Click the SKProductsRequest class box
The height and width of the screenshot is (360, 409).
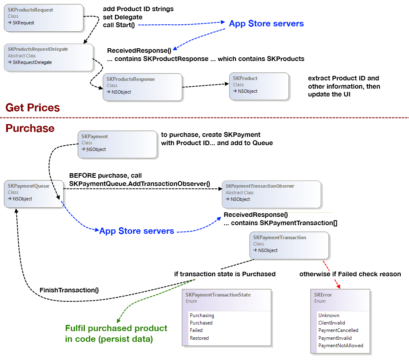tap(43, 17)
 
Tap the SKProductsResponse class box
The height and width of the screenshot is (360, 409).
tap(142, 87)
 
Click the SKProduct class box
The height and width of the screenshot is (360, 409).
tap(259, 86)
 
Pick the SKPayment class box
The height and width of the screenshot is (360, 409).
tap(117, 144)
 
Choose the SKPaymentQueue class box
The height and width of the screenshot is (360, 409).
tap(33, 193)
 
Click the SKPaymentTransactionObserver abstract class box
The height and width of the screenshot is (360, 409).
tap(271, 194)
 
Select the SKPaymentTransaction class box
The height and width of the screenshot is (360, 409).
tap(289, 245)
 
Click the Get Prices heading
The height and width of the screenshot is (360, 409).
tap(33, 108)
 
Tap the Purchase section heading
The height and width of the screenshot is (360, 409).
tap(30, 128)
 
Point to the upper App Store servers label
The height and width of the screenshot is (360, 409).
tap(266, 24)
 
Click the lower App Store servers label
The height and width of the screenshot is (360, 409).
tap(136, 231)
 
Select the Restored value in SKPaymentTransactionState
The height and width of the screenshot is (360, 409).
tap(199, 338)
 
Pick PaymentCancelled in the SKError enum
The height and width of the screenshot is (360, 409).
tap(338, 330)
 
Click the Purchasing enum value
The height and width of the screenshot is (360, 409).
tap(202, 315)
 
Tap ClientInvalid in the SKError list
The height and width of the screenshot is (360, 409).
tap(332, 323)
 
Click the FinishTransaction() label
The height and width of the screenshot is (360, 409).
tap(69, 290)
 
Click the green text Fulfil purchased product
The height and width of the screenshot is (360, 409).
tap(116, 329)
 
